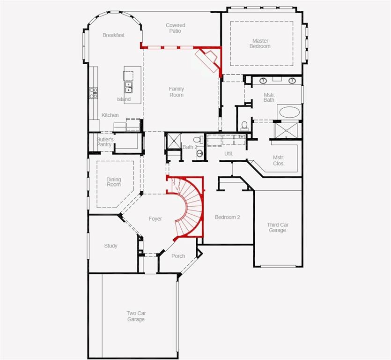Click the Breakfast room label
tap(113, 35)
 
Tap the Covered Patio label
tap(176, 28)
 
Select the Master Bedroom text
tap(260, 44)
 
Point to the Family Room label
tap(177, 92)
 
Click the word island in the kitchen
tap(124, 99)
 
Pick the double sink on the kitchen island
tap(128, 87)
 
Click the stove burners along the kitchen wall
tap(93, 92)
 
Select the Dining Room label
tap(113, 182)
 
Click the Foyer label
tap(155, 219)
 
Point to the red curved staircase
tap(192, 206)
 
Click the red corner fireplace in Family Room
tap(207, 60)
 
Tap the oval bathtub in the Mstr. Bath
tap(290, 112)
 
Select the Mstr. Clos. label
tap(279, 160)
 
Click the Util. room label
tap(229, 154)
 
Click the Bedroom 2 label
tap(227, 217)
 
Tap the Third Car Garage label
tap(278, 228)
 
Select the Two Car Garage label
tap(136, 316)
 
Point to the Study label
tap(111, 246)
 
